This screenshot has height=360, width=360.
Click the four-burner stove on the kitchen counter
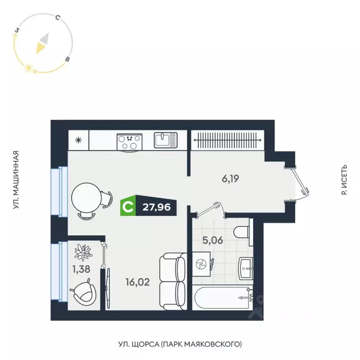coord(129,141)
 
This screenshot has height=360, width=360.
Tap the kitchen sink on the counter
coord(165,140)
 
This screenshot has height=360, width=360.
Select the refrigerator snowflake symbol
coord(78,139)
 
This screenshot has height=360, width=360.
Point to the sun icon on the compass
coord(28,68)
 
